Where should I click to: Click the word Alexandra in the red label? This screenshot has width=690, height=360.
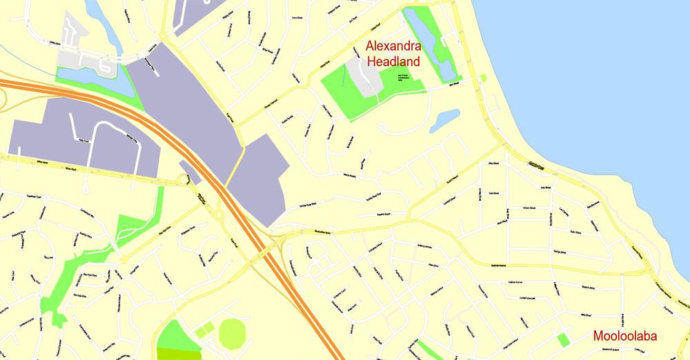coord(393,47)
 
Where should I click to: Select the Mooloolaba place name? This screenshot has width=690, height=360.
coord(624,337)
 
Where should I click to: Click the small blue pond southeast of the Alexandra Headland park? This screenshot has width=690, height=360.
coord(444,119)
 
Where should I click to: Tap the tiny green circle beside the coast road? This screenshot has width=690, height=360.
coord(483,78)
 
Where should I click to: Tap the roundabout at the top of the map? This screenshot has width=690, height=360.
coord(164,35)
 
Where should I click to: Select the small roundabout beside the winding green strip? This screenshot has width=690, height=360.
coord(123,260)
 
